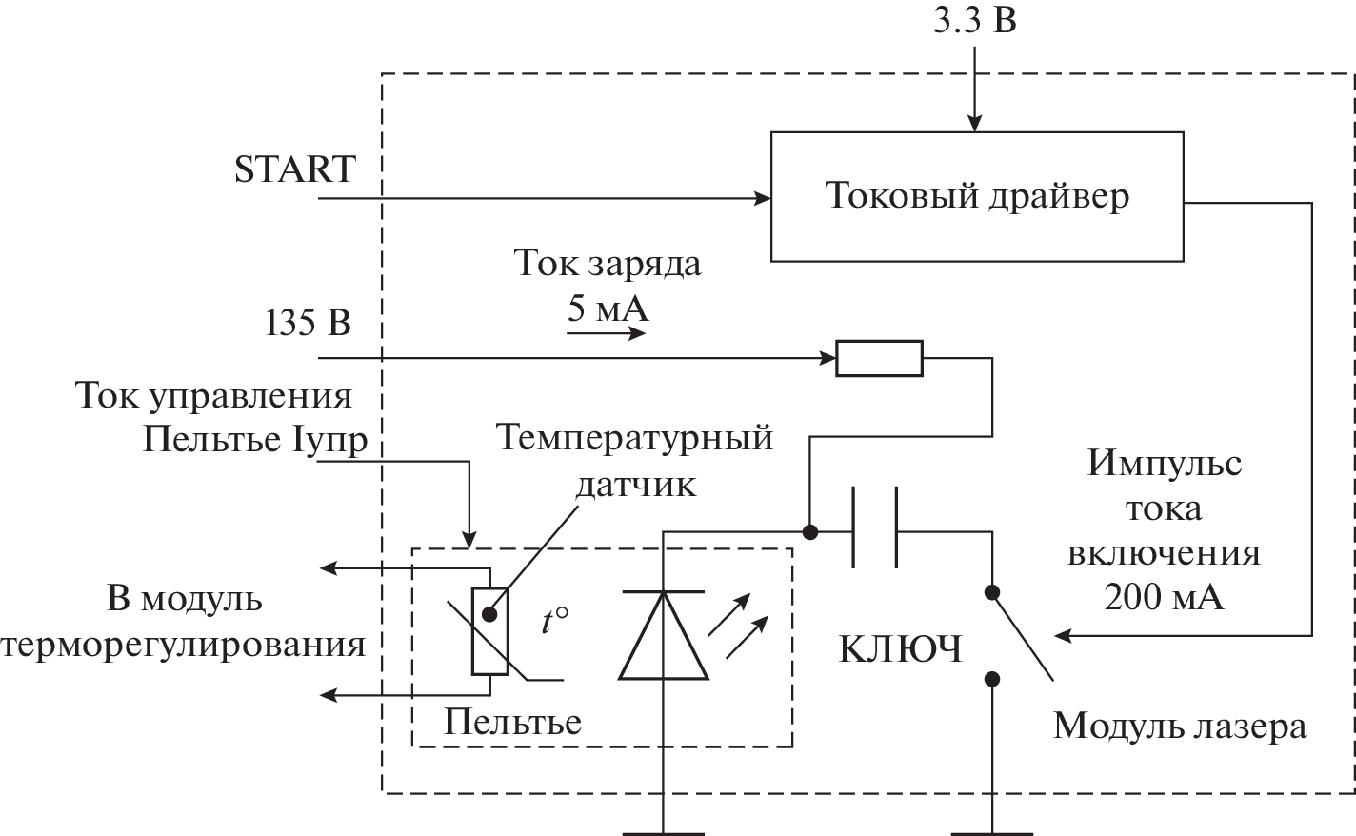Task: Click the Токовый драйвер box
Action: tap(978, 197)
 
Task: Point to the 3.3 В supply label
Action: tap(974, 20)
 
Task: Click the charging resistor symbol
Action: tap(879, 358)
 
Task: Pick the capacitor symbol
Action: tap(874, 529)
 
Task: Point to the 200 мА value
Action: tap(1164, 597)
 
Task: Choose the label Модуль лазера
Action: tap(1180, 727)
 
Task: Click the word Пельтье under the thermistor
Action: tap(512, 722)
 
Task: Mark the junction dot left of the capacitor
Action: tap(809, 531)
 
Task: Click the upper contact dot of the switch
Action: tap(992, 592)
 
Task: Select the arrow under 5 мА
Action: tap(608, 333)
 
